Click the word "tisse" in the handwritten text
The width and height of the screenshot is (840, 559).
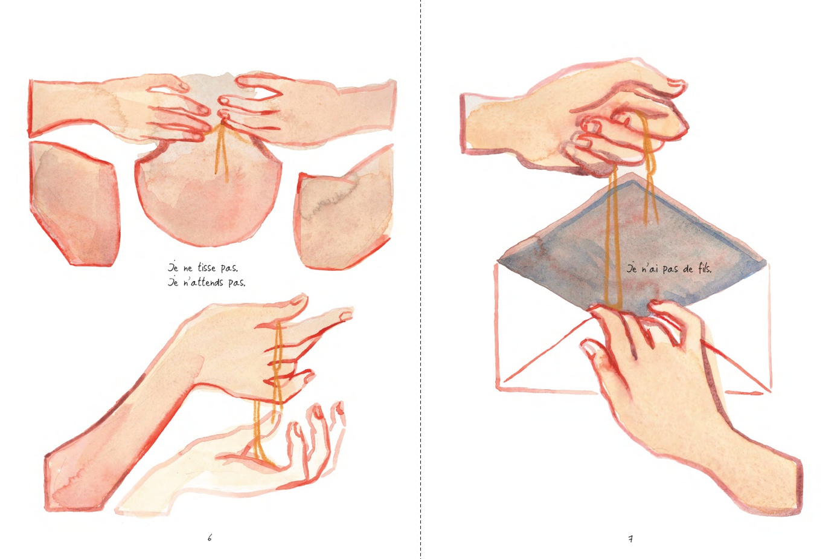pos(207,268)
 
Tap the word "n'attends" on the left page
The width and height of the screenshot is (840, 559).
pos(203,282)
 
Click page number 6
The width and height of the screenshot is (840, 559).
pos(210,538)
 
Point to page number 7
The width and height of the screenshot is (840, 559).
pos(630,539)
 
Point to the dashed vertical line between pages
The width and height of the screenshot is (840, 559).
pos(420,279)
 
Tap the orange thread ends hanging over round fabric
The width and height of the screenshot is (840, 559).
pos(221,154)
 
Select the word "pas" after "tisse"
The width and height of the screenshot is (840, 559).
pos(229,268)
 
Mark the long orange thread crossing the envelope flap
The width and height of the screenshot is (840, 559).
pos(614,240)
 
